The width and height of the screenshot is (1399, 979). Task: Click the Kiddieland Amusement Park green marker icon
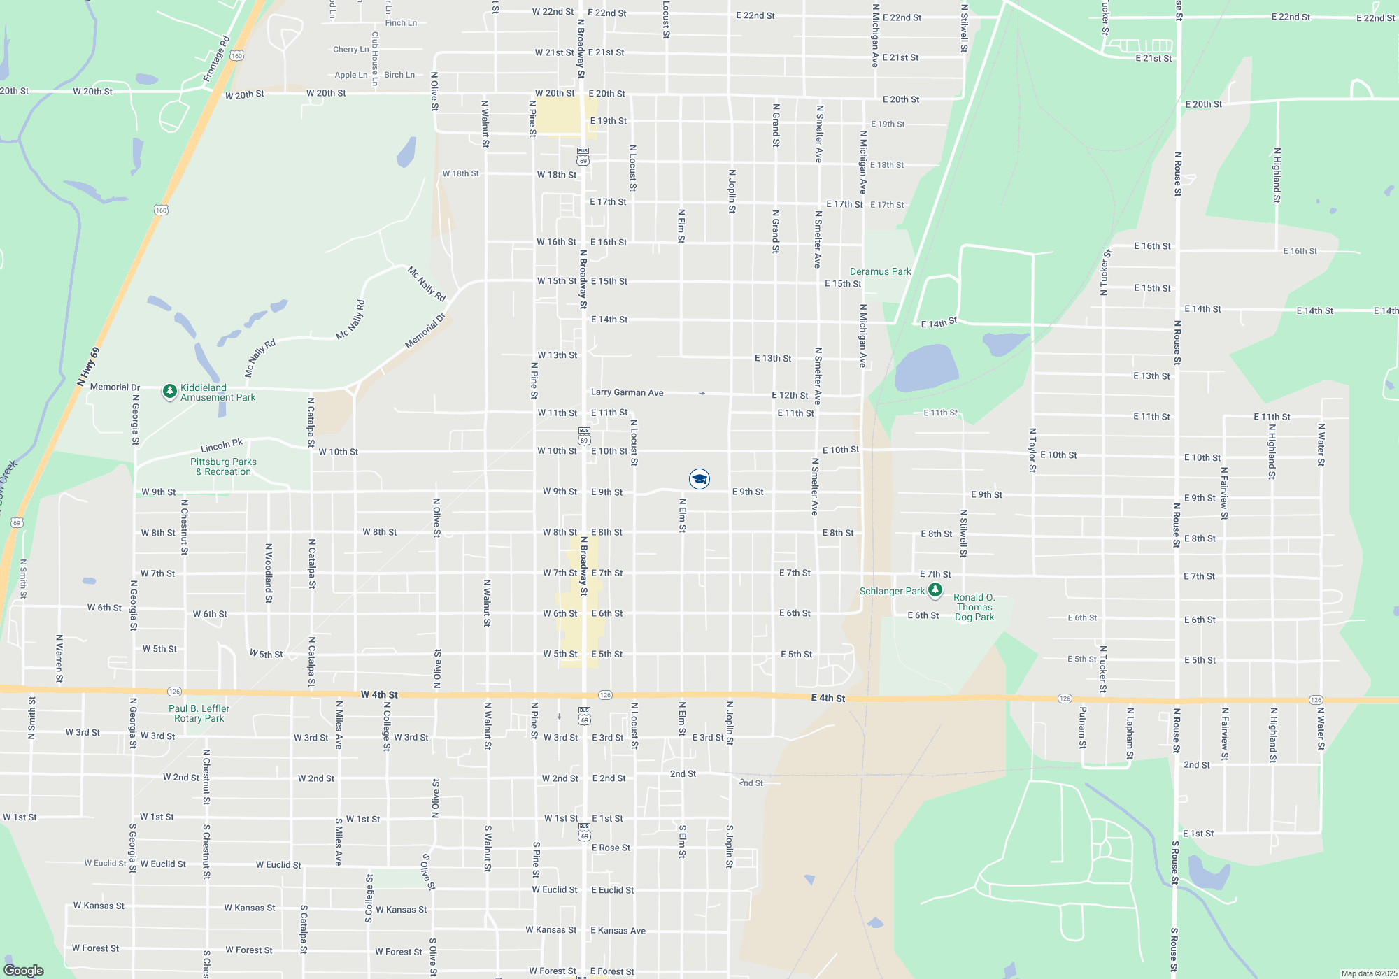[169, 392]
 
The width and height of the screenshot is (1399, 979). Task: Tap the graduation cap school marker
[699, 478]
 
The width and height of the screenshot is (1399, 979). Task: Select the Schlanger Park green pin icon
[935, 591]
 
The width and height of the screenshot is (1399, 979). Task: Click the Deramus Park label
[880, 271]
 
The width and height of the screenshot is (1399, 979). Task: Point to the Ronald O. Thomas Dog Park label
[974, 607]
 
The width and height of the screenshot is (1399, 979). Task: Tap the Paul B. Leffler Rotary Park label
[199, 713]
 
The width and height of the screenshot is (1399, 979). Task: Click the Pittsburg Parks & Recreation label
[223, 466]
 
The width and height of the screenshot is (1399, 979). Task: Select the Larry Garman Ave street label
[627, 392]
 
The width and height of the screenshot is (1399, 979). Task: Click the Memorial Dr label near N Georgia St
[115, 387]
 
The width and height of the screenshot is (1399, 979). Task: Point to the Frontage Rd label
[216, 59]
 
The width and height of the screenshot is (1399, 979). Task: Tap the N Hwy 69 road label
[88, 367]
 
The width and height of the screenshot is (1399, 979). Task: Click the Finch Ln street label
[401, 23]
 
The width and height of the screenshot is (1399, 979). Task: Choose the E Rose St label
[611, 848]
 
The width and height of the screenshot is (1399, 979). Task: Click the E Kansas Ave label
[618, 930]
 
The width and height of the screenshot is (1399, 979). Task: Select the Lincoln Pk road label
[221, 445]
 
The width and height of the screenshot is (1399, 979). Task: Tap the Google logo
[23, 970]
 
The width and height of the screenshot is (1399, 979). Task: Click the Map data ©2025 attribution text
[1368, 973]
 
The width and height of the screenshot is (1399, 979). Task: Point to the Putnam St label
[1082, 727]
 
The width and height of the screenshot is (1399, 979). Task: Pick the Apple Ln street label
[350, 75]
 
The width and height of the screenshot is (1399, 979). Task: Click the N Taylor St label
[1032, 450]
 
